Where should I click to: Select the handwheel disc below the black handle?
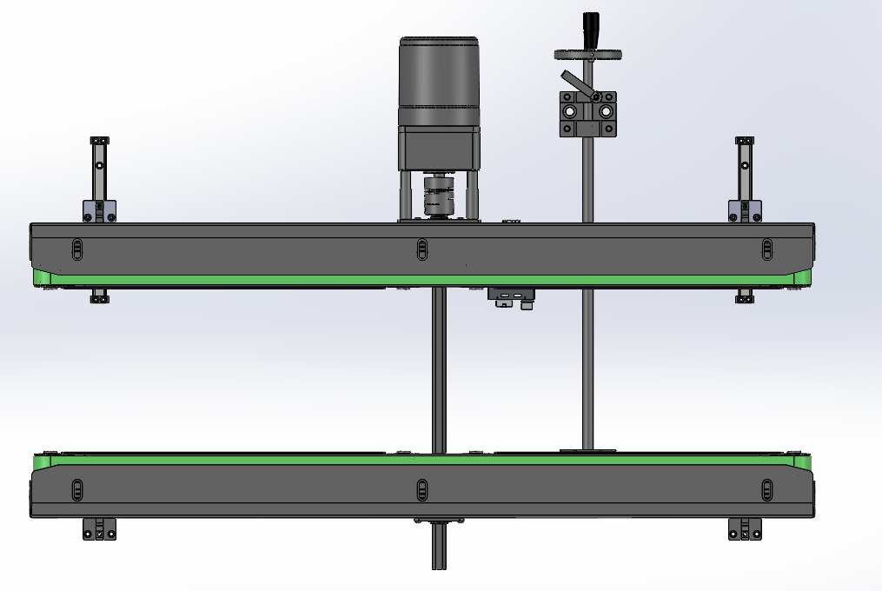point(588,55)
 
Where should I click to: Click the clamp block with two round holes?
point(587,114)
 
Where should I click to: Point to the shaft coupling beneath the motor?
point(437,196)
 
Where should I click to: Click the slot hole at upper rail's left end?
point(76,250)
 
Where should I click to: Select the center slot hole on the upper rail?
point(421,249)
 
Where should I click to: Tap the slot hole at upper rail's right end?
point(766,249)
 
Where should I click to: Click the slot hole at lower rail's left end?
point(76,489)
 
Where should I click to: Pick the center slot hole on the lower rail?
point(421,489)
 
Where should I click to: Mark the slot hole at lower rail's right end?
point(766,489)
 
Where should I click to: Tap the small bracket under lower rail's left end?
point(99,528)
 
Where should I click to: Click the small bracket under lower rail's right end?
point(745,528)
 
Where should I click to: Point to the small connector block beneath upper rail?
point(511,298)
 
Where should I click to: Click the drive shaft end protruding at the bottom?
point(438,552)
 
